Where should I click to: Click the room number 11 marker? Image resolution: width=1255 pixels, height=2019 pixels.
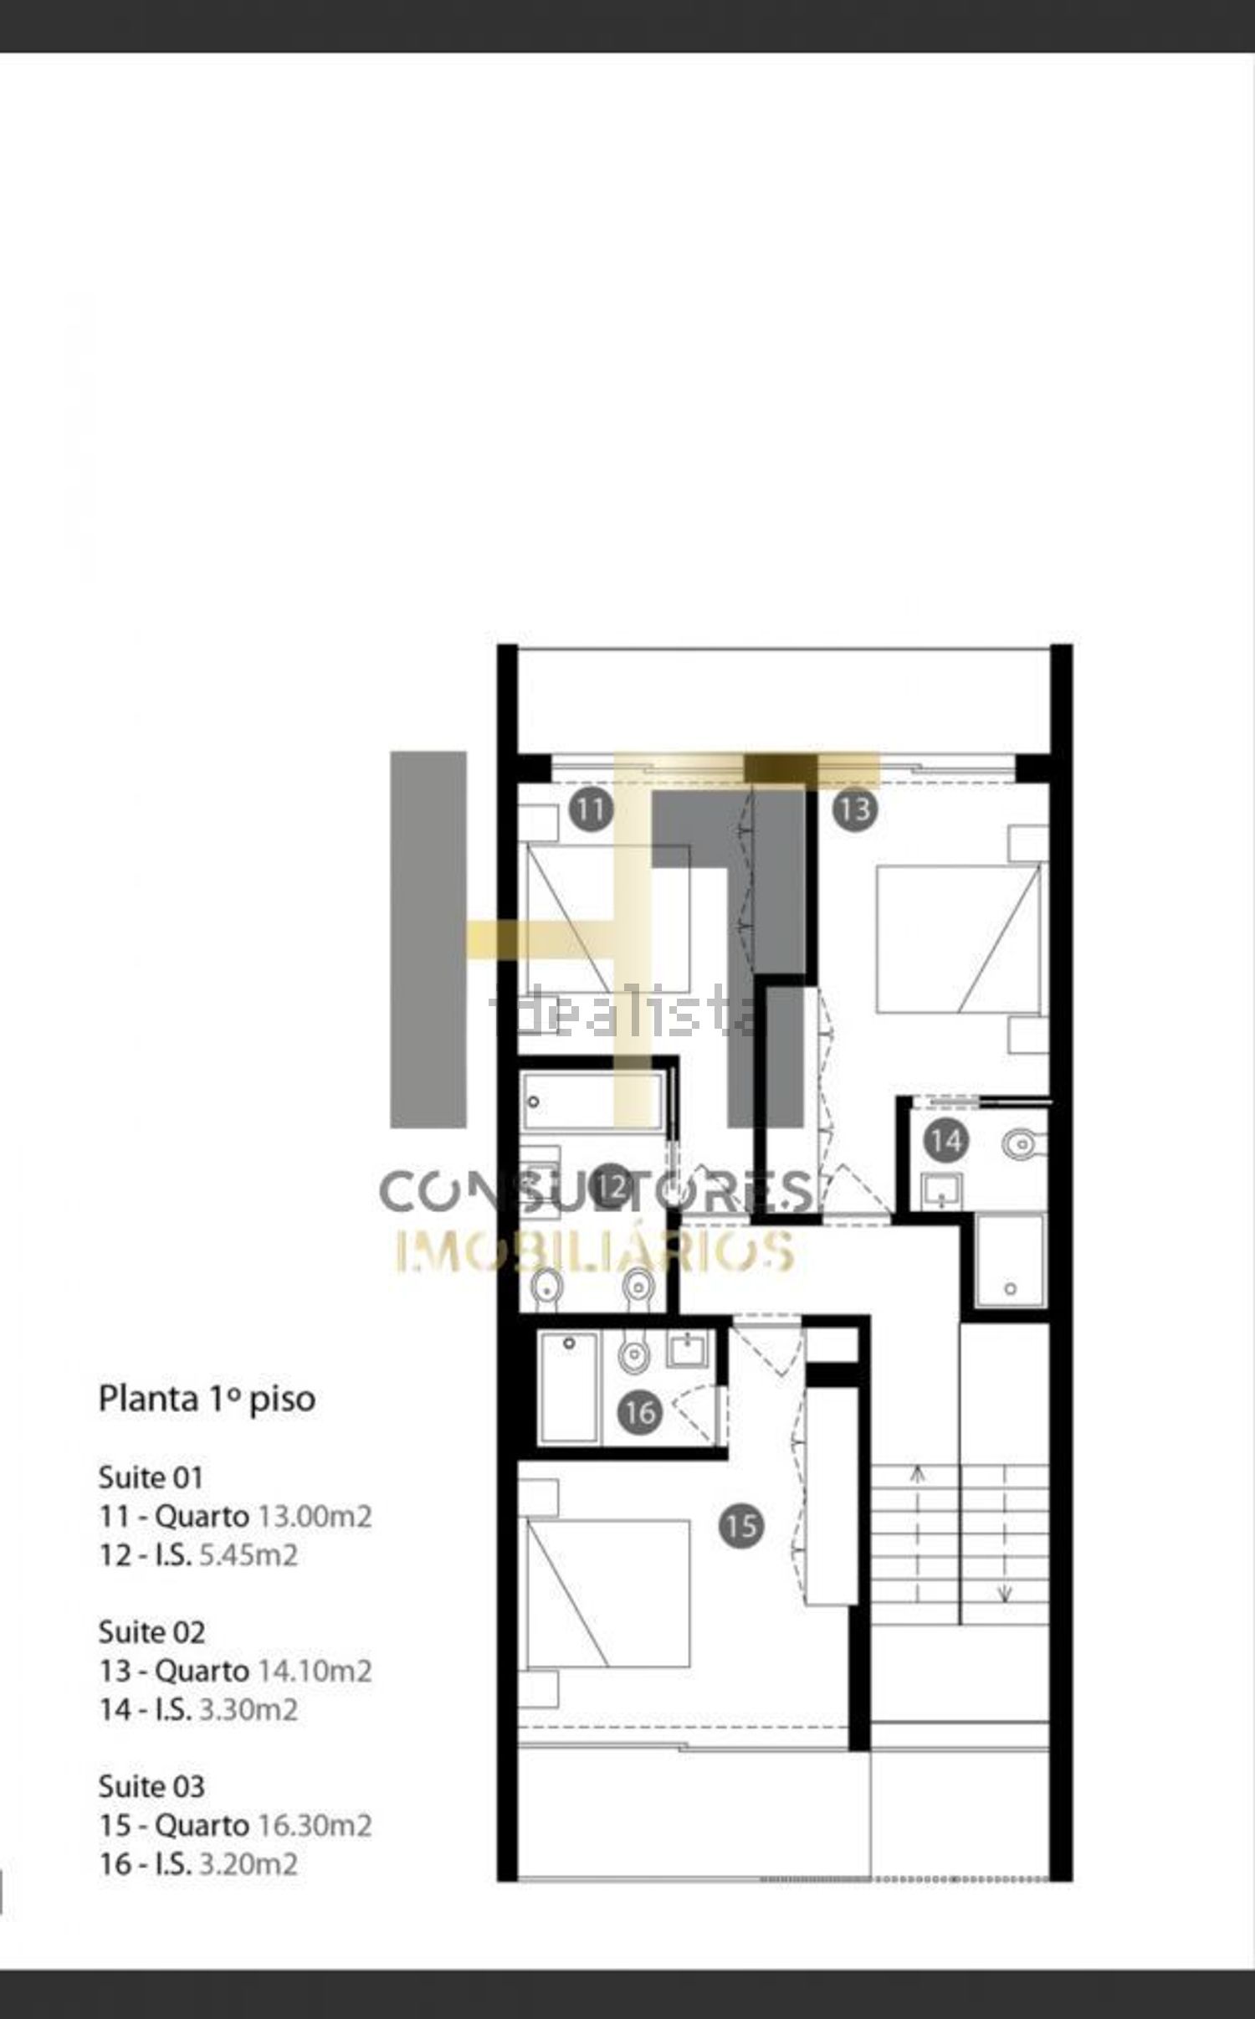click(591, 809)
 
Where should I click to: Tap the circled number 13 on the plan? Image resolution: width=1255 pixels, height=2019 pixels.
click(854, 809)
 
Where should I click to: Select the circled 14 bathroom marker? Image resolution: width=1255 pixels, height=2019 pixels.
click(946, 1141)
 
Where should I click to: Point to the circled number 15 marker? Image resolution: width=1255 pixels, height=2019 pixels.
click(741, 1526)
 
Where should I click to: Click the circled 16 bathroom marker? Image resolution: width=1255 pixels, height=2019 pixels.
click(640, 1413)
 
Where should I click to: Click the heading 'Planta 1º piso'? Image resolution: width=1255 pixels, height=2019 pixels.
click(207, 1400)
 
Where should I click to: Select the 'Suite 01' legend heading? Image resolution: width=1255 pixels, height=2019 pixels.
click(151, 1477)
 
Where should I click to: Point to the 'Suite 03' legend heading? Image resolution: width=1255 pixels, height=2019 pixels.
click(151, 1786)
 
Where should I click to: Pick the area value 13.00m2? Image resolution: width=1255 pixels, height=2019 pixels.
click(314, 1516)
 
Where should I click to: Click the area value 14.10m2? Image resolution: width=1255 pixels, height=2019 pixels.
click(314, 1671)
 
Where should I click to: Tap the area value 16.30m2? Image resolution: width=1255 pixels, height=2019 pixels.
click(314, 1825)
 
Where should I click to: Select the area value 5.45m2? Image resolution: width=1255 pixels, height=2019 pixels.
click(248, 1555)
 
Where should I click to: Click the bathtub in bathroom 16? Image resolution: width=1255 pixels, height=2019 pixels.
click(569, 1389)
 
